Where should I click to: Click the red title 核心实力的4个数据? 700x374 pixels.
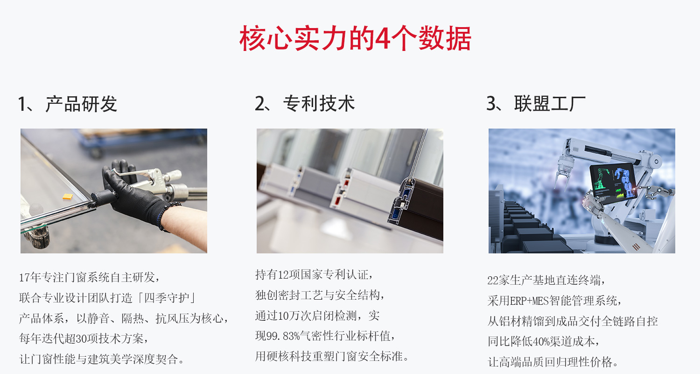point(355,38)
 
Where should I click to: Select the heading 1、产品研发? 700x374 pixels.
point(68,104)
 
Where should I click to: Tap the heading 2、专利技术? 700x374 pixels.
point(305,104)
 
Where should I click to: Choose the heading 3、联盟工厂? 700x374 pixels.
point(536,104)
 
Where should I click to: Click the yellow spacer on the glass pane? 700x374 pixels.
point(68,196)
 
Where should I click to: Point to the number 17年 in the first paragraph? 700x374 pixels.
point(30,277)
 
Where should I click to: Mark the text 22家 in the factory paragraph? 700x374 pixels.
point(498,280)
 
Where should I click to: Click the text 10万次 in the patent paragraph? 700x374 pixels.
point(294,316)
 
